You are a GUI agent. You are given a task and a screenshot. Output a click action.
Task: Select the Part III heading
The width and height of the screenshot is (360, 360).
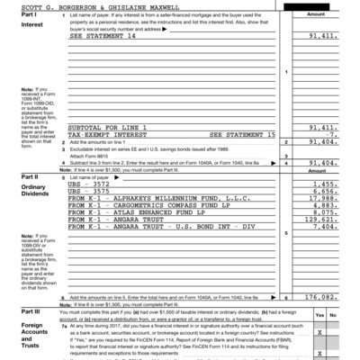[18, 311]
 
